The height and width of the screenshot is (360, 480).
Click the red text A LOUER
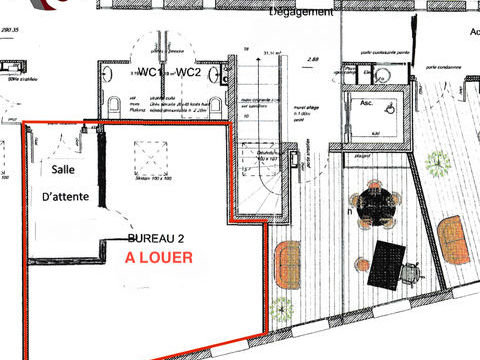[159, 257]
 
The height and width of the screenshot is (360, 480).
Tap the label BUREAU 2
[158, 240]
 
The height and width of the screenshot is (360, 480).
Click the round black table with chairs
[377, 205]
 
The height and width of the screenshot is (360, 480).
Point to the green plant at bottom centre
[283, 308]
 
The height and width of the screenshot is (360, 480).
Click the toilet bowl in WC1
[113, 105]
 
